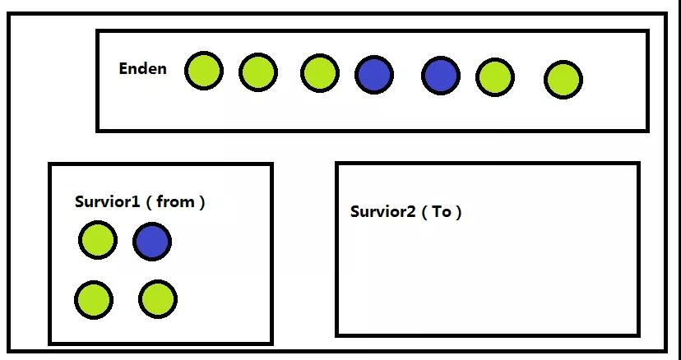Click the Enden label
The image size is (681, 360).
[142, 68]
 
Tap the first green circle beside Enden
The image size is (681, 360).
[203, 71]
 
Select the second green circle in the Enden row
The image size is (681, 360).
[258, 72]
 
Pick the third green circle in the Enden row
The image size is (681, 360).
[320, 72]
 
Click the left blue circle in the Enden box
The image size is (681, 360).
[374, 75]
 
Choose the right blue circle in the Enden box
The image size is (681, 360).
[441, 76]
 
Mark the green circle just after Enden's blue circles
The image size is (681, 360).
[495, 77]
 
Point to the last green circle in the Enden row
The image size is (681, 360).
[563, 81]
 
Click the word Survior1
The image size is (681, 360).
[108, 201]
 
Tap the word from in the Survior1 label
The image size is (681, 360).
[174, 201]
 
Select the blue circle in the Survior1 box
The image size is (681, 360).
[152, 242]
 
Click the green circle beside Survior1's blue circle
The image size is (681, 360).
[98, 240]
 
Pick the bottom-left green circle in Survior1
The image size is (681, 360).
[94, 299]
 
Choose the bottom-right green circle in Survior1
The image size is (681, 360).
[157, 299]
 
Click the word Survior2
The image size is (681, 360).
[382, 211]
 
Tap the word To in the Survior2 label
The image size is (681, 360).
[442, 211]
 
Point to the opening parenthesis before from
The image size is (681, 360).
[149, 202]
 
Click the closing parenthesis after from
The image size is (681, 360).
[202, 202]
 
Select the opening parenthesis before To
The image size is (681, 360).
[424, 212]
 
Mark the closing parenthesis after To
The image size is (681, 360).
[459, 212]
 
